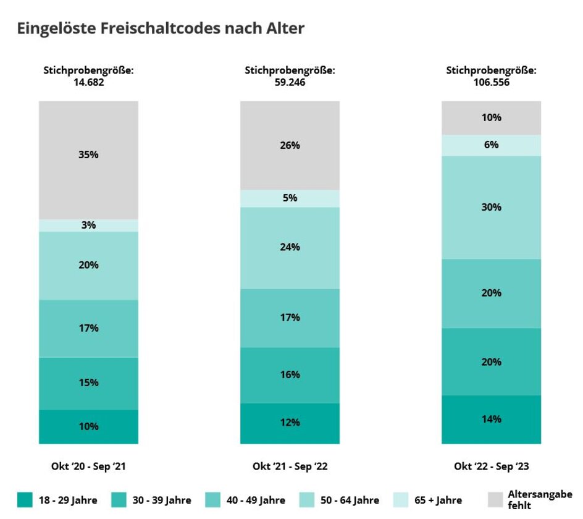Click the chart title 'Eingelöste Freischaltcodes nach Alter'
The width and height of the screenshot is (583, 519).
coord(161,28)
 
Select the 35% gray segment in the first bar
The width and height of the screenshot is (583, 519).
coord(88,159)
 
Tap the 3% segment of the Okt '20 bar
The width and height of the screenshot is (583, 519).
coord(88,226)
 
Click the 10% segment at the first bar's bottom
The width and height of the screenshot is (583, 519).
coord(88,426)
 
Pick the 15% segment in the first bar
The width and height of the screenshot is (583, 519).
coord(88,383)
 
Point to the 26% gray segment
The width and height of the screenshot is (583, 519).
coord(290,145)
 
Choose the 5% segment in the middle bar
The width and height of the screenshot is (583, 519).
coord(290,198)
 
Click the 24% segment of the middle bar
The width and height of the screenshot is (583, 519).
coord(290,247)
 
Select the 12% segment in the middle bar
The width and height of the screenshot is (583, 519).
coord(290,423)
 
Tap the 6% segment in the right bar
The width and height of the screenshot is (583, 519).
coord(491,145)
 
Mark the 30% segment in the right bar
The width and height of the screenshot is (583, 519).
coord(491,207)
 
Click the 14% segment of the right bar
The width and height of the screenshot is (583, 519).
coord(491,419)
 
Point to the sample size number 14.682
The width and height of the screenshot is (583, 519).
coord(88,82)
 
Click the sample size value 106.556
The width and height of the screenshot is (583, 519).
coord(491,82)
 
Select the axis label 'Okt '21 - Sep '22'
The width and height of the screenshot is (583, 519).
coord(290,466)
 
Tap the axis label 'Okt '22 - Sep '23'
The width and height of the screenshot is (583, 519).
coord(491,466)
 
